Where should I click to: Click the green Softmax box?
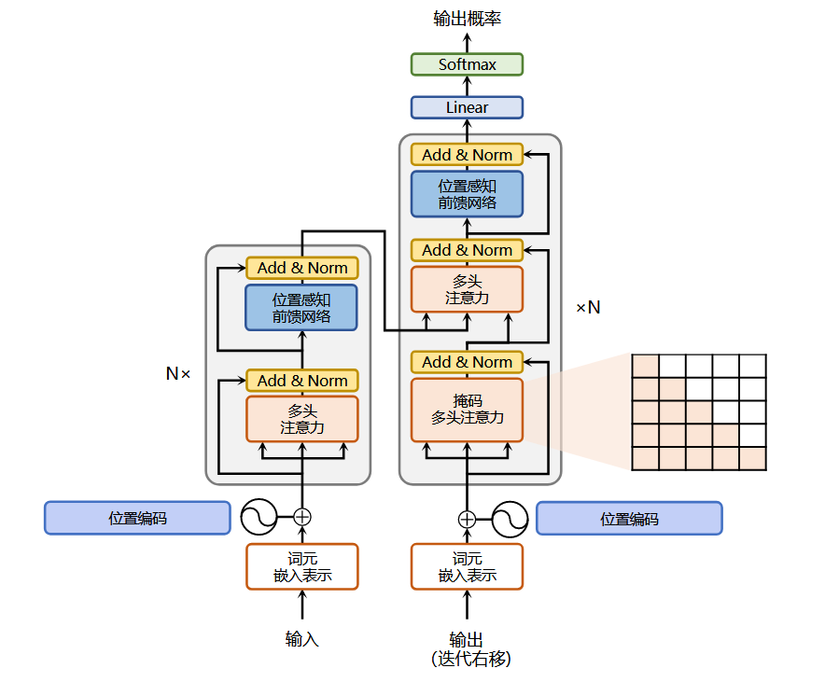tap(467, 64)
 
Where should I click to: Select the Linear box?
tap(467, 107)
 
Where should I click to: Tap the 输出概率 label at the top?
tap(467, 19)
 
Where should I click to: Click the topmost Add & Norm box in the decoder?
tap(467, 155)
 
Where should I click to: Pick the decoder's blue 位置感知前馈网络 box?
tap(467, 194)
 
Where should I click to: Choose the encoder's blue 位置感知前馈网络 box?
tap(301, 308)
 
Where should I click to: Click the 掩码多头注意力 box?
tap(467, 410)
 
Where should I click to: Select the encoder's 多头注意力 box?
tap(302, 419)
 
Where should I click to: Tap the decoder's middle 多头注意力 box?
tap(467, 289)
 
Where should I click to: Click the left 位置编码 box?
tap(137, 518)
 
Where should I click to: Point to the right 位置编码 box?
tap(629, 519)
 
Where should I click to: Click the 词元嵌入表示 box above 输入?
tap(302, 566)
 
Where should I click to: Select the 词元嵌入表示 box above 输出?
tap(467, 566)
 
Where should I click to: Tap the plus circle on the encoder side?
tap(302, 517)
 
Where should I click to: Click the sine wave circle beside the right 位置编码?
tap(510, 520)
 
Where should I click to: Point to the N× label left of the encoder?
tap(178, 373)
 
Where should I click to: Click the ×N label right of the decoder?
tap(588, 307)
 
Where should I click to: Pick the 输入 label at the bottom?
tap(302, 639)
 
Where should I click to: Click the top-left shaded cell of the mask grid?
tap(645, 366)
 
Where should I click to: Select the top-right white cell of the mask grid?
tap(753, 366)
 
